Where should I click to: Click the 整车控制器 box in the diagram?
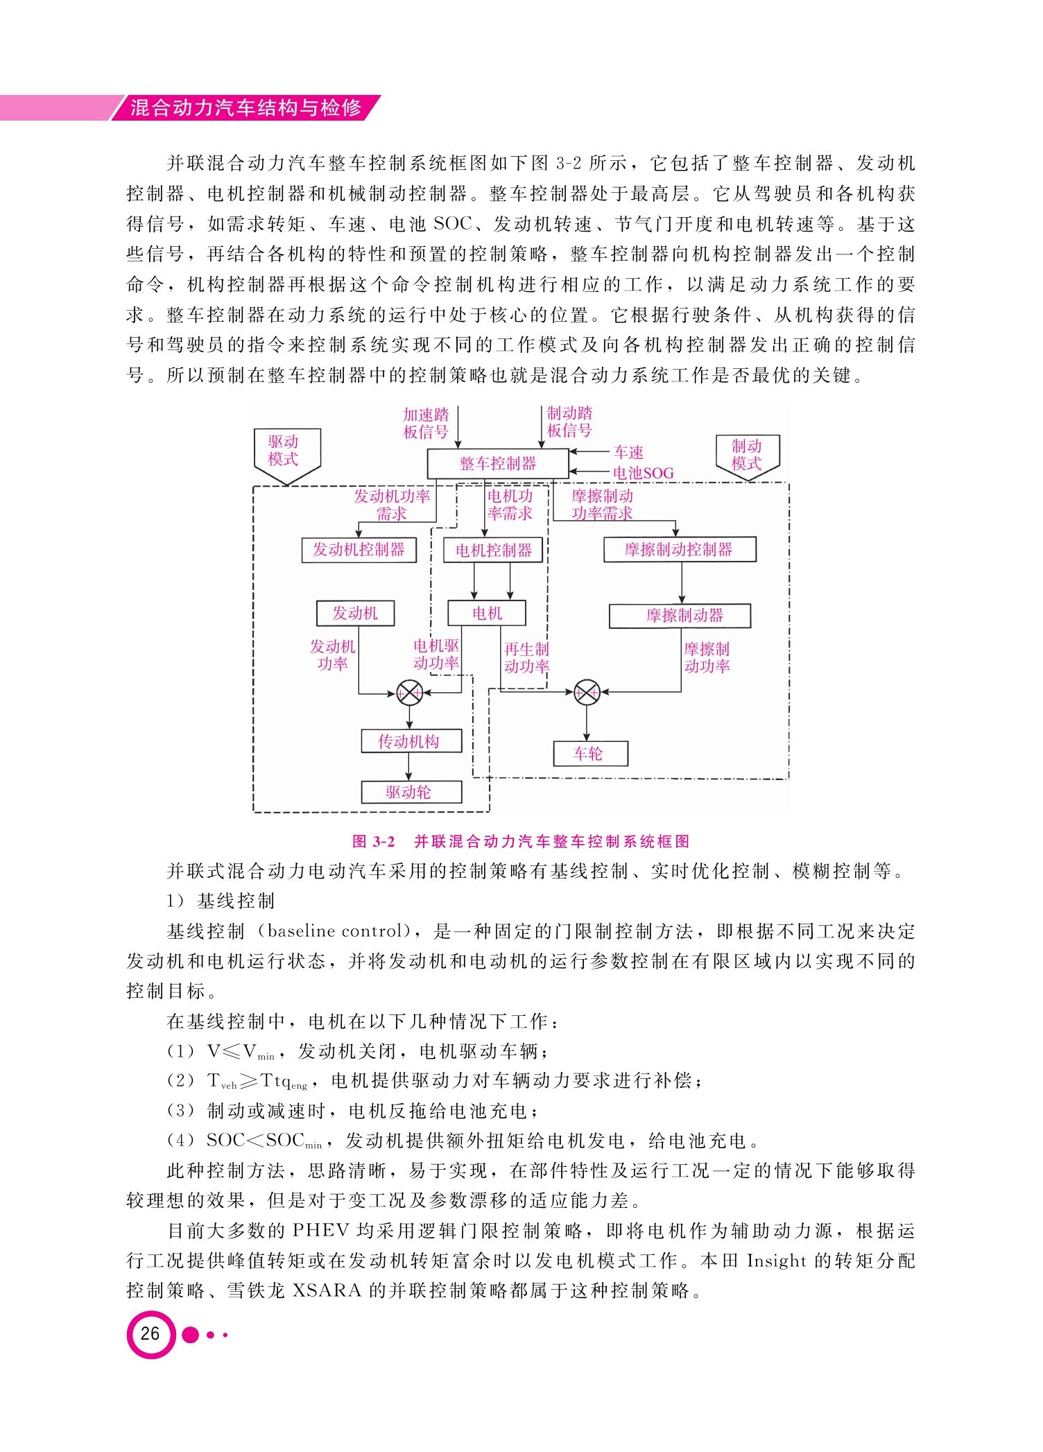point(498,463)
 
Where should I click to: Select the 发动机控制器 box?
point(359,550)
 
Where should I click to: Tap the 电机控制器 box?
point(493,550)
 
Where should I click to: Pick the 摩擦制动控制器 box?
point(680,549)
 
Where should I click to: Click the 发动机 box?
point(355,613)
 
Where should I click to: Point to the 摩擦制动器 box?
point(680,616)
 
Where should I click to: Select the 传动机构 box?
point(411,741)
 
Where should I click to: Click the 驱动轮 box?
point(411,792)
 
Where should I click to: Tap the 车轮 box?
point(590,754)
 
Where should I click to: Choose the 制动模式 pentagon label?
point(748,457)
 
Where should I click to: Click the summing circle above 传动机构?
point(409,692)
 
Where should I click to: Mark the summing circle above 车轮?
point(587,691)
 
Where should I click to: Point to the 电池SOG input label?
point(643,473)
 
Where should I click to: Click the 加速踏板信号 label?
point(426,423)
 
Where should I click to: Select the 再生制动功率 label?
point(526,658)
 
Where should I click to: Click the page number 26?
point(150,1333)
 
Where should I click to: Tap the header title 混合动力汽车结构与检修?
point(246,107)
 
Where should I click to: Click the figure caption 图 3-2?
point(374,842)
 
